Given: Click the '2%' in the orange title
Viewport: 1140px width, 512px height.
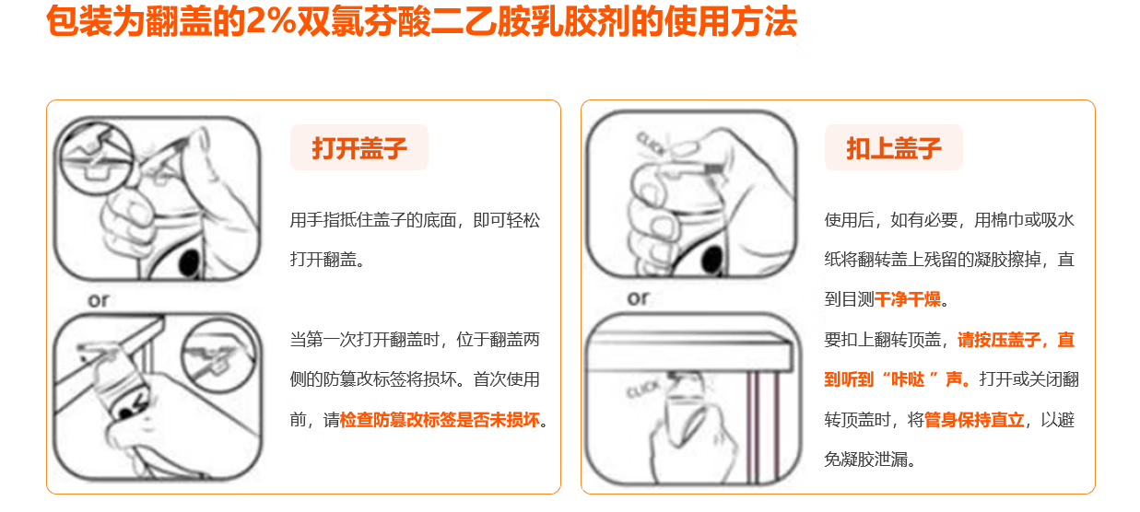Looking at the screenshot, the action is pyautogui.click(x=270, y=21).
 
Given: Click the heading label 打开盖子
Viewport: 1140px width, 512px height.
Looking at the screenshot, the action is pyautogui.click(x=359, y=148).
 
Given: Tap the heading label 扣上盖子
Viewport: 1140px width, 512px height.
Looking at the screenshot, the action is pyautogui.click(x=894, y=148).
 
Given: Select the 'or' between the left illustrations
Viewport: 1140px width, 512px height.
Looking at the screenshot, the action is pyautogui.click(x=99, y=300).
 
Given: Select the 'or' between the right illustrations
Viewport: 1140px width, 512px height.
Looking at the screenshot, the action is pyautogui.click(x=638, y=298).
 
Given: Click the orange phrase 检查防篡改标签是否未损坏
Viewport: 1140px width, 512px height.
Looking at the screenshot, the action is pyautogui.click(x=440, y=420).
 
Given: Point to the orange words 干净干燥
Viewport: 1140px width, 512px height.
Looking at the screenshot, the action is pyautogui.click(x=908, y=299).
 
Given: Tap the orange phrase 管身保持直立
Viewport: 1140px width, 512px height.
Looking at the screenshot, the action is pyautogui.click(x=974, y=420).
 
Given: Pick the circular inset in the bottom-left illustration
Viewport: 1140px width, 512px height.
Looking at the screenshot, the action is pyautogui.click(x=219, y=355).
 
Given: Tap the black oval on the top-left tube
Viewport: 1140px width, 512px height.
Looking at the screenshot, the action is pyautogui.click(x=190, y=262).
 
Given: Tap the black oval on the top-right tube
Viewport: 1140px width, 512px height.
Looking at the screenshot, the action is pyautogui.click(x=712, y=261).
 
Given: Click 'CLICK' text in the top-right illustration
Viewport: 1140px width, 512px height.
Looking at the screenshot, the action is pyautogui.click(x=652, y=144).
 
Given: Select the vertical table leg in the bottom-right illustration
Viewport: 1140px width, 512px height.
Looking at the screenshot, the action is pyautogui.click(x=763, y=427).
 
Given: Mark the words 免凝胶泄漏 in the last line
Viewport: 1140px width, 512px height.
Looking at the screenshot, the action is pyautogui.click(x=865, y=460).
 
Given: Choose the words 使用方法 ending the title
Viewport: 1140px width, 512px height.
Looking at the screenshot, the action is pyautogui.click(x=731, y=21).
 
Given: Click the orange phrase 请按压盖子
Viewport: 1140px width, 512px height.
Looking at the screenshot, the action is pyautogui.click(x=999, y=340).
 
